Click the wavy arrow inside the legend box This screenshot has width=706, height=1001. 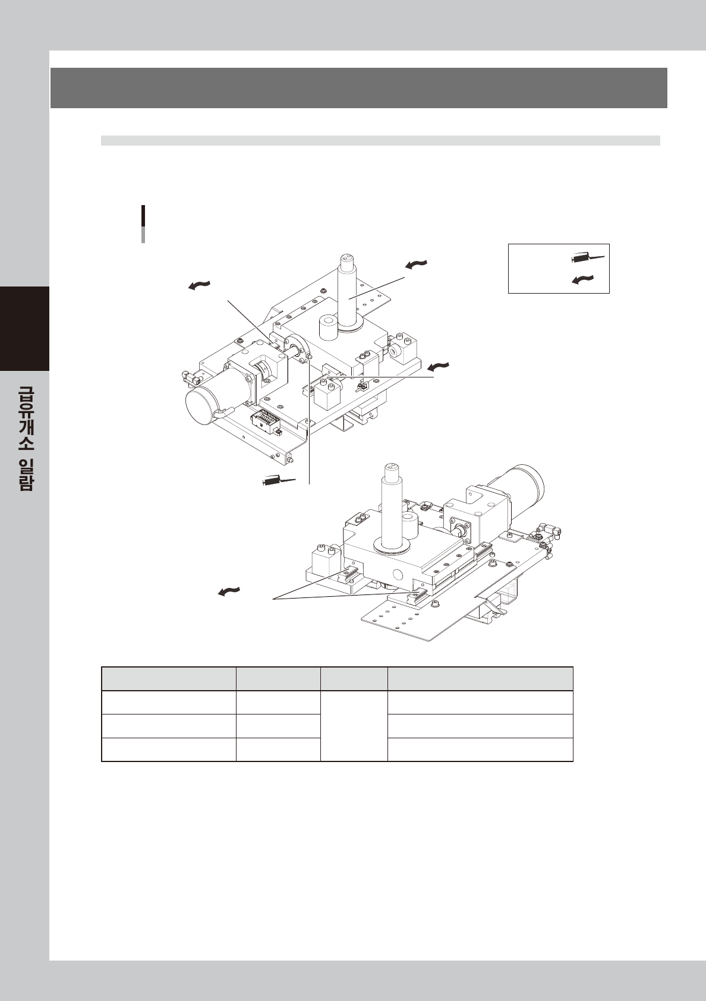coord(583,279)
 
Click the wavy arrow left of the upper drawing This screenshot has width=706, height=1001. coord(199,286)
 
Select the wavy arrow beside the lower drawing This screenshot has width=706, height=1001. coord(229,591)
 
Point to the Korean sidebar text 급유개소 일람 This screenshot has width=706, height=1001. coord(25,437)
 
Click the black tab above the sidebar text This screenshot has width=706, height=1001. coord(24,328)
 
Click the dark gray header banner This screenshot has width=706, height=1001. coord(358,87)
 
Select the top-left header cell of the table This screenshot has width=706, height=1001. coord(169,679)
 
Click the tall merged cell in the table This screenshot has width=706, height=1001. coord(354,726)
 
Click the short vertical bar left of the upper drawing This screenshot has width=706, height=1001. coord(143,224)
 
